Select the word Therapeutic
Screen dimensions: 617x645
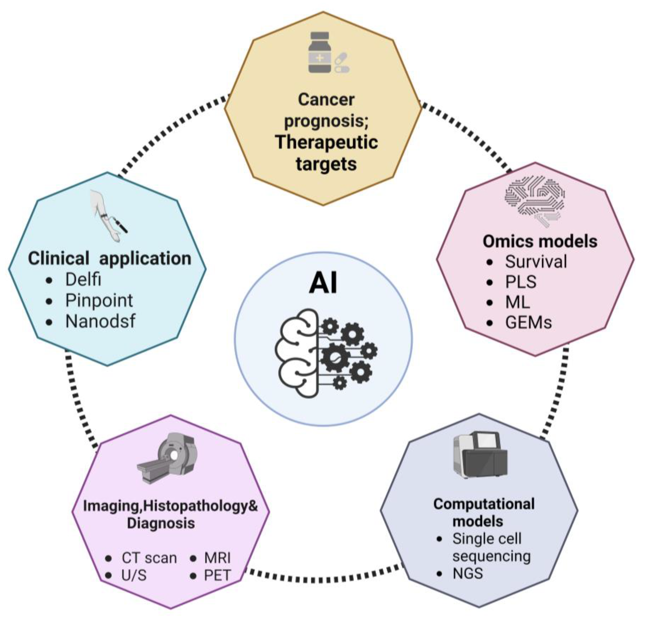[326, 142]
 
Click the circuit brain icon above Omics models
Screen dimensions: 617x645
[535, 201]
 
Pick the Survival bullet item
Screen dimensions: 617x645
[536, 262]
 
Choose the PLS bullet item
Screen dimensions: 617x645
[521, 282]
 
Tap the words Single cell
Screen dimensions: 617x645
[487, 539]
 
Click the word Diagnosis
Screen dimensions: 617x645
[161, 523]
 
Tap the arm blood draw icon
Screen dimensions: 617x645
[109, 215]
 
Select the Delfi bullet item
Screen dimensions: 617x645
[83, 280]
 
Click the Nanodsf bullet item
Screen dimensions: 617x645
[100, 321]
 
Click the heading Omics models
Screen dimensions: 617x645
[540, 241]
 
